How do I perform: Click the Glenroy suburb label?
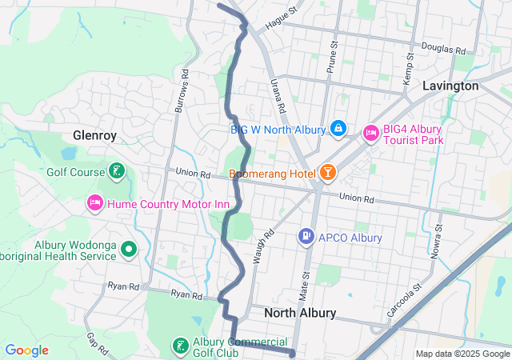(x=95, y=135)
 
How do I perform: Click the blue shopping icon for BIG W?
(x=338, y=128)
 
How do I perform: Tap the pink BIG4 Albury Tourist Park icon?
(x=370, y=133)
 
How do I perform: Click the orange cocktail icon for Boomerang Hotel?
(x=327, y=173)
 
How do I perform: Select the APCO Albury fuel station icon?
(x=306, y=237)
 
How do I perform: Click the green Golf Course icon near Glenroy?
(x=117, y=171)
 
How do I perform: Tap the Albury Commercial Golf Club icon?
(x=181, y=346)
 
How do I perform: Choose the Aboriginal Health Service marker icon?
(x=129, y=250)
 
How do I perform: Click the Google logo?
(x=26, y=350)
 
